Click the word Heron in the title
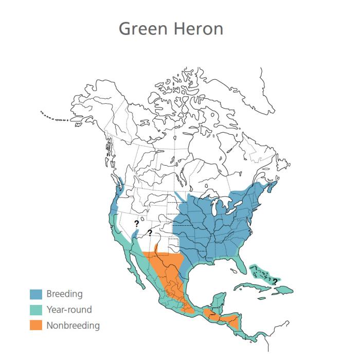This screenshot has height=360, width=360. (x=199, y=28)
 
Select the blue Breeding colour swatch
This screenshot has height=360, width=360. (x=35, y=294)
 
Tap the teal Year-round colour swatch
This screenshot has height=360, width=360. (x=35, y=310)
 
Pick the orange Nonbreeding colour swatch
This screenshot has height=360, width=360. (x=35, y=325)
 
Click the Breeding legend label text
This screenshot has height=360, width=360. (x=64, y=294)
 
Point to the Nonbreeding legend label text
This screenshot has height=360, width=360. (x=73, y=325)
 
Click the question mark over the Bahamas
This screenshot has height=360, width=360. (x=275, y=281)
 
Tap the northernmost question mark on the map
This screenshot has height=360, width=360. (x=136, y=223)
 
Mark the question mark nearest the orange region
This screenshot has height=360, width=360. (x=150, y=233)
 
